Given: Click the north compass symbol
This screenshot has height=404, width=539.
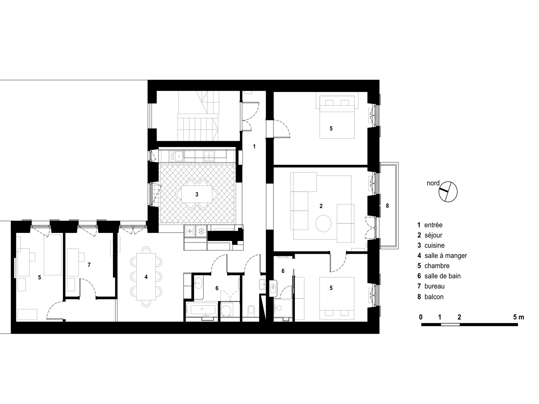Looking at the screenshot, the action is tap(448, 192).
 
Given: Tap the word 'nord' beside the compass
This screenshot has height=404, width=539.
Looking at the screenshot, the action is tap(433, 183).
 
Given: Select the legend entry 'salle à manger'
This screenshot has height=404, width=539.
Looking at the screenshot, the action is tap(446, 256).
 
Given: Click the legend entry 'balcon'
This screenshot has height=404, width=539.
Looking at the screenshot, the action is tap(434, 297).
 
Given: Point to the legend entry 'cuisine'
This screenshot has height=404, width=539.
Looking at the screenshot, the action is tap(435, 245).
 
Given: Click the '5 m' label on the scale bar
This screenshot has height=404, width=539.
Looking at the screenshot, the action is tap(519, 317).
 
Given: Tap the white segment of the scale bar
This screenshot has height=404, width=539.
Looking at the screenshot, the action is tap(450, 325).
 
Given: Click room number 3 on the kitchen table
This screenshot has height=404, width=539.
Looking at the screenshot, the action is tap(197, 194).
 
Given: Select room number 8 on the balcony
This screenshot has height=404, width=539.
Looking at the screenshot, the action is tap(387, 206).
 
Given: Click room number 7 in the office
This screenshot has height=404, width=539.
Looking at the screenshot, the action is tap(89, 265).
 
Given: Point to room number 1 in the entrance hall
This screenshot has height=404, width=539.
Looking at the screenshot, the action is tap(254, 146).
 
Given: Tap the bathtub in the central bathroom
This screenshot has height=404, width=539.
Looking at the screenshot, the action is tap(203, 310).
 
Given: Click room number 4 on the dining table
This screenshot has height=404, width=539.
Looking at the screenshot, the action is tap(146, 277).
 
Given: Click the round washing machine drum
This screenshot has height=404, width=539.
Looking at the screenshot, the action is tap(226, 310).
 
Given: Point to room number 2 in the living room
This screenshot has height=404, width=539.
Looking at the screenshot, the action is tap(321, 206).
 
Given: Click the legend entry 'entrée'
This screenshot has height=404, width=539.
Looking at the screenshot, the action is tap(433, 225).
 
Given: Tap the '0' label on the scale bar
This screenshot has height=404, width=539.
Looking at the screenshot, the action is tap(421, 317).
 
